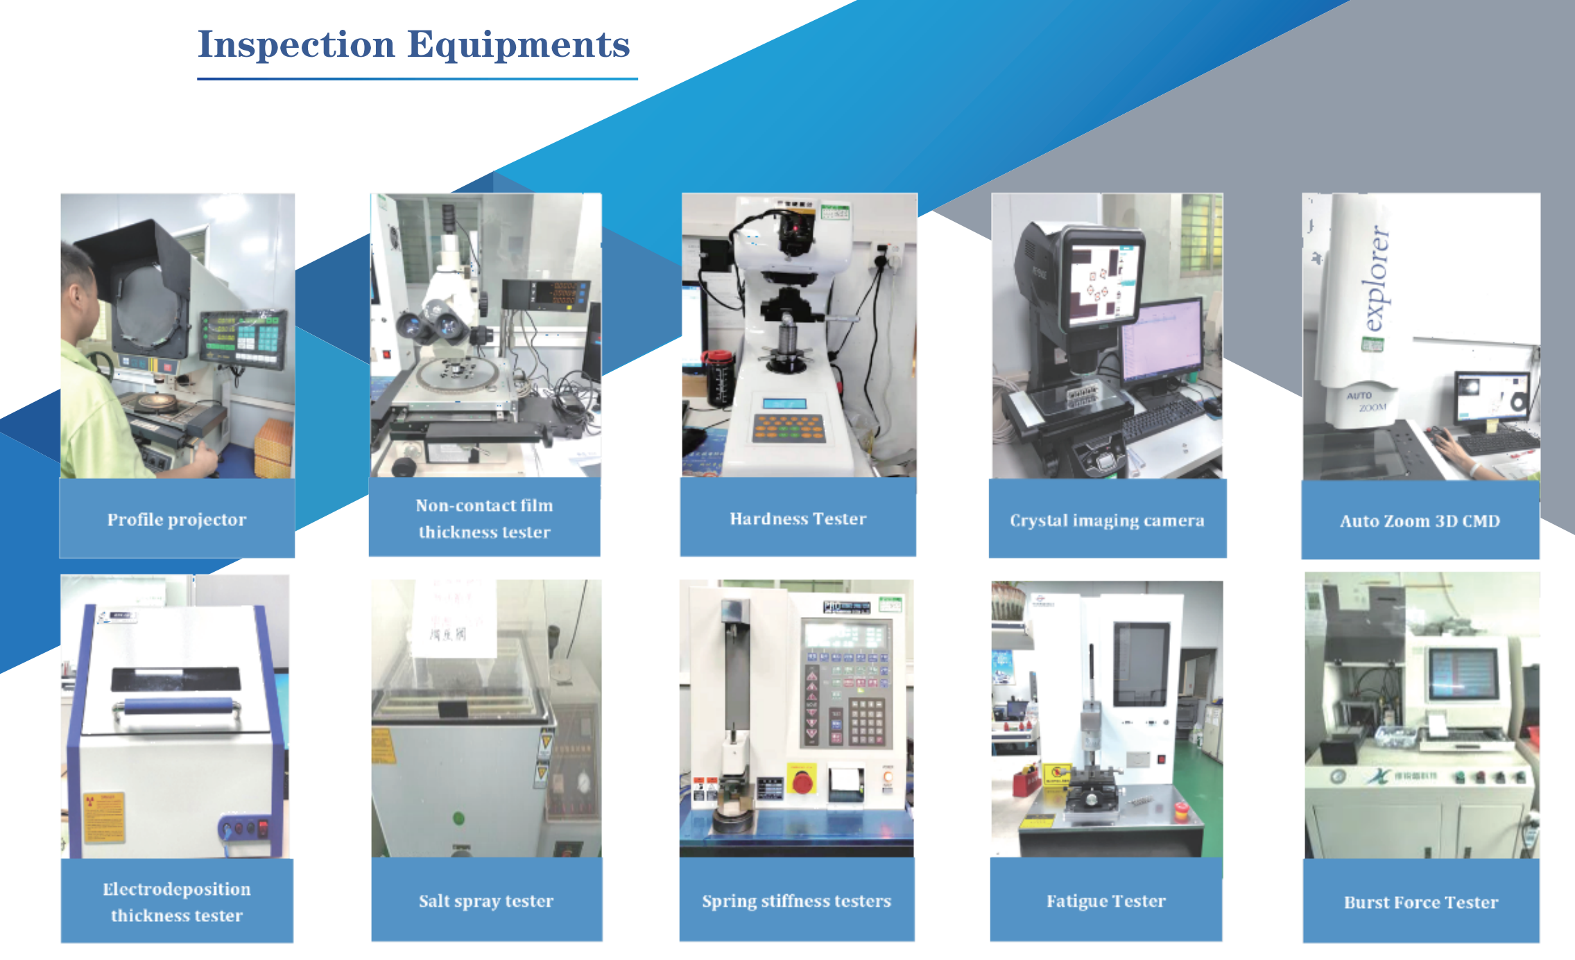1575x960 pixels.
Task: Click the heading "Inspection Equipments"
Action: click(414, 45)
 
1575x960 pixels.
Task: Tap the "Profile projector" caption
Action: click(177, 520)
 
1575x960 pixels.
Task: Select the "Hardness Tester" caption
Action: click(798, 519)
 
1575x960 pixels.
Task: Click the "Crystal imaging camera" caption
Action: click(1107, 521)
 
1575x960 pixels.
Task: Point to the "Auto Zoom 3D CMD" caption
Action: click(1420, 521)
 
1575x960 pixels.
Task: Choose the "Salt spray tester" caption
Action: click(486, 901)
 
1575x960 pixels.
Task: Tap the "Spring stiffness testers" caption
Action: click(796, 901)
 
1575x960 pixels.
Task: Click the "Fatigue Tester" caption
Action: click(1106, 901)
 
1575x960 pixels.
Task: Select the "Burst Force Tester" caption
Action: click(1421, 902)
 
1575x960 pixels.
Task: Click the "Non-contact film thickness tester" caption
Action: click(484, 518)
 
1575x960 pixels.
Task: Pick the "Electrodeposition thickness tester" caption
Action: click(177, 902)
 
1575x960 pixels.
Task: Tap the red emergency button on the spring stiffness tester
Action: click(802, 781)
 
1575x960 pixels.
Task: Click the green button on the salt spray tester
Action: click(458, 818)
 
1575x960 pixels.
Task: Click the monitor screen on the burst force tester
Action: click(1463, 674)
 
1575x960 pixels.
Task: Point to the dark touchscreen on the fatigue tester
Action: click(1141, 663)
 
